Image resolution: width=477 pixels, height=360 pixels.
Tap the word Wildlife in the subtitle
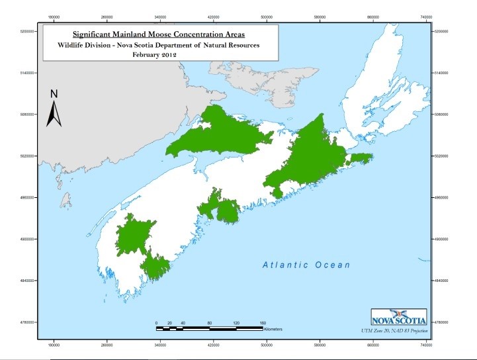pos(70,45)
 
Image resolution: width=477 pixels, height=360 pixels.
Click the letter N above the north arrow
pos(55,93)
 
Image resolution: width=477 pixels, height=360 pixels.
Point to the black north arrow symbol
pos(54,114)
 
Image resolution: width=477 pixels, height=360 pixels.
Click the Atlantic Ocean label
pos(306,265)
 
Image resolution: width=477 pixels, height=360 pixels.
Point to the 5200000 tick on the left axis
pos(26,31)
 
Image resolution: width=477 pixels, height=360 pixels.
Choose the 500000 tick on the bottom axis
pos(267,345)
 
